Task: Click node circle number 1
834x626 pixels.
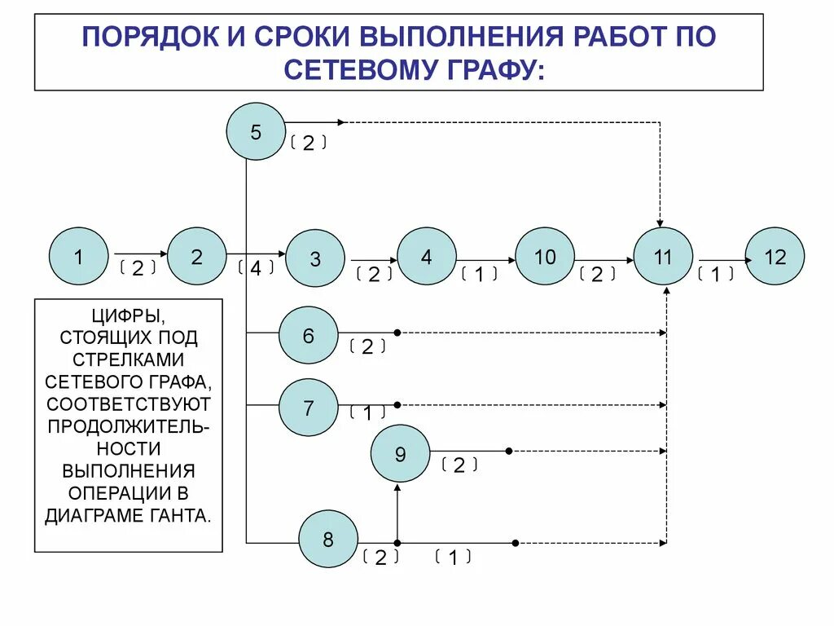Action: pos(78,256)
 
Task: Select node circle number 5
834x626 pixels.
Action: pos(256,131)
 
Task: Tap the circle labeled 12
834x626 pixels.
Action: pos(775,256)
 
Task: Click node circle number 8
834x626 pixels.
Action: pos(328,539)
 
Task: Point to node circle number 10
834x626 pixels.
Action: pos(545,256)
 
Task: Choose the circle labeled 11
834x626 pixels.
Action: pos(663,256)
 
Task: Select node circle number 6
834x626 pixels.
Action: pos(308,334)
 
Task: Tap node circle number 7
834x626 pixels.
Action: pos(308,407)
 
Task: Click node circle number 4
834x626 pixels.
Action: pos(427,256)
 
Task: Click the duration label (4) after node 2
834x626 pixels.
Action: pos(256,268)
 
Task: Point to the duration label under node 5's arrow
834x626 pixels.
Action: pos(308,144)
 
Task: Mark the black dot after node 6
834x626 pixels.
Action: pos(397,333)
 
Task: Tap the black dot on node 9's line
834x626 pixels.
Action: pos(508,451)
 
